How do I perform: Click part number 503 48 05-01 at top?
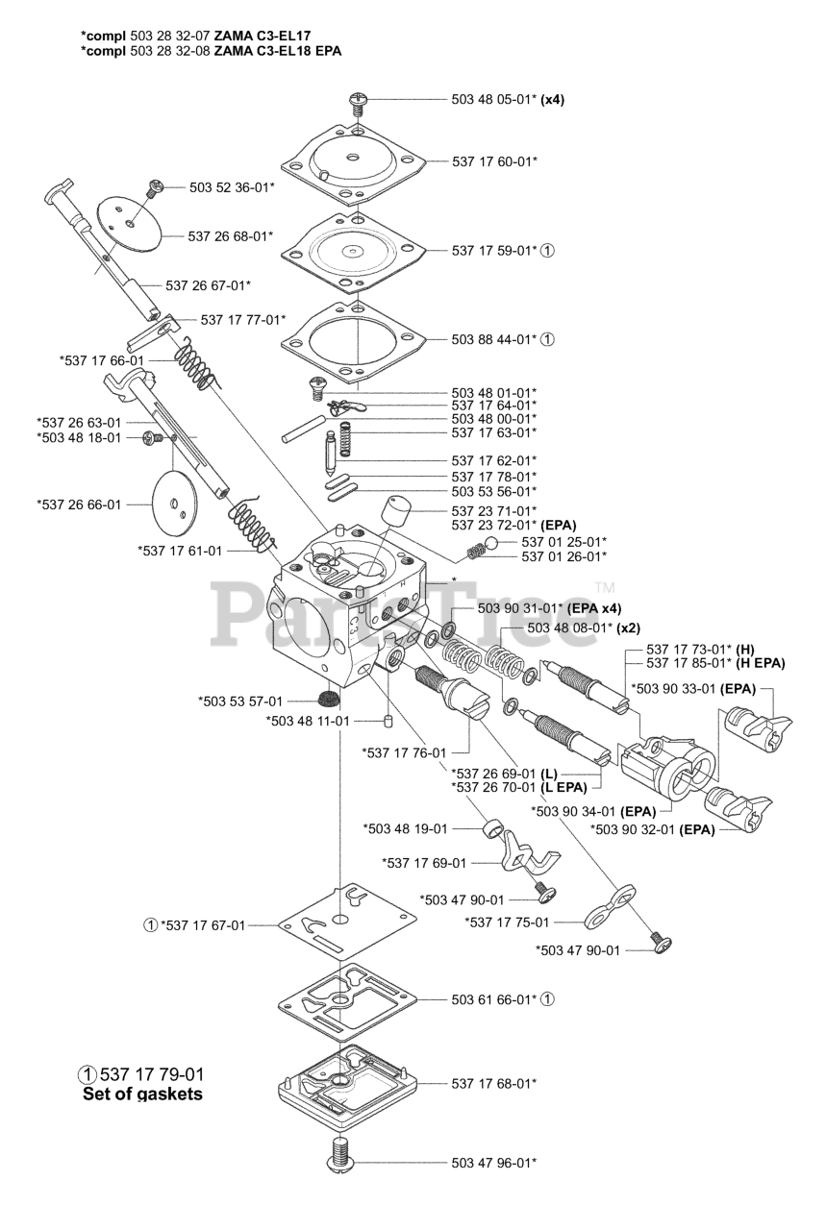492,99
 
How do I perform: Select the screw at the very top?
358,98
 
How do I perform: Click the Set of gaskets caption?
142,1094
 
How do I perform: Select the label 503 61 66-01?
493,999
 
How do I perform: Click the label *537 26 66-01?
80,504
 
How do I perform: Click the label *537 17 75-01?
507,922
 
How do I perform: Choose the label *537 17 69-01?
424,862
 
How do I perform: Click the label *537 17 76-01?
404,751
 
